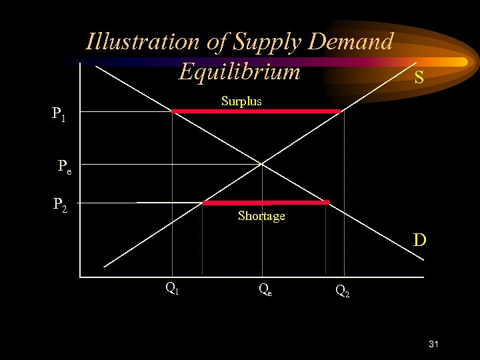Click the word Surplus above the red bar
pyautogui.click(x=241, y=101)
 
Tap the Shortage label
pyautogui.click(x=261, y=216)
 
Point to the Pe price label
pyautogui.click(x=64, y=166)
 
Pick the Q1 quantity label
pyautogui.click(x=171, y=288)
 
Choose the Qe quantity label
pyautogui.click(x=265, y=289)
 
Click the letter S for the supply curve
pyautogui.click(x=419, y=77)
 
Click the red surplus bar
pyautogui.click(x=257, y=111)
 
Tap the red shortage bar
pyautogui.click(x=266, y=202)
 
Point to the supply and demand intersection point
pyautogui.click(x=262, y=163)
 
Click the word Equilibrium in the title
pyautogui.click(x=239, y=71)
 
